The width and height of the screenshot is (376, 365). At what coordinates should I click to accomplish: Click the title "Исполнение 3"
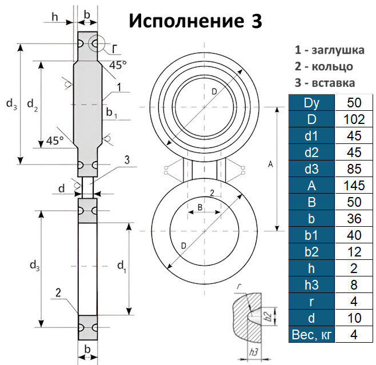195,21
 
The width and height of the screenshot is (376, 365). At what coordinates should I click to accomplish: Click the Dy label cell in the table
311,103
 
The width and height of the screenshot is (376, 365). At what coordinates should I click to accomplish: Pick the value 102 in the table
354,119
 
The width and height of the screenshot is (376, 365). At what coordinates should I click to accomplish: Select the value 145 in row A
354,185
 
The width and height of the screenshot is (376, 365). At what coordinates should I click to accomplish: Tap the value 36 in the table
354,218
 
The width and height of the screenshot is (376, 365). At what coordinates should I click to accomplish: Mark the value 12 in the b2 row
354,251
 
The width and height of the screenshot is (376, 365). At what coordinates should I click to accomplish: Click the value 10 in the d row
354,318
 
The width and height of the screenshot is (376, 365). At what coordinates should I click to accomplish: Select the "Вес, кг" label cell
311,334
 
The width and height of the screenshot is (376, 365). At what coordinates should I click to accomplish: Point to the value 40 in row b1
354,235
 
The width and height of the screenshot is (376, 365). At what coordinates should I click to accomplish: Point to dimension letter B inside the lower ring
199,207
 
